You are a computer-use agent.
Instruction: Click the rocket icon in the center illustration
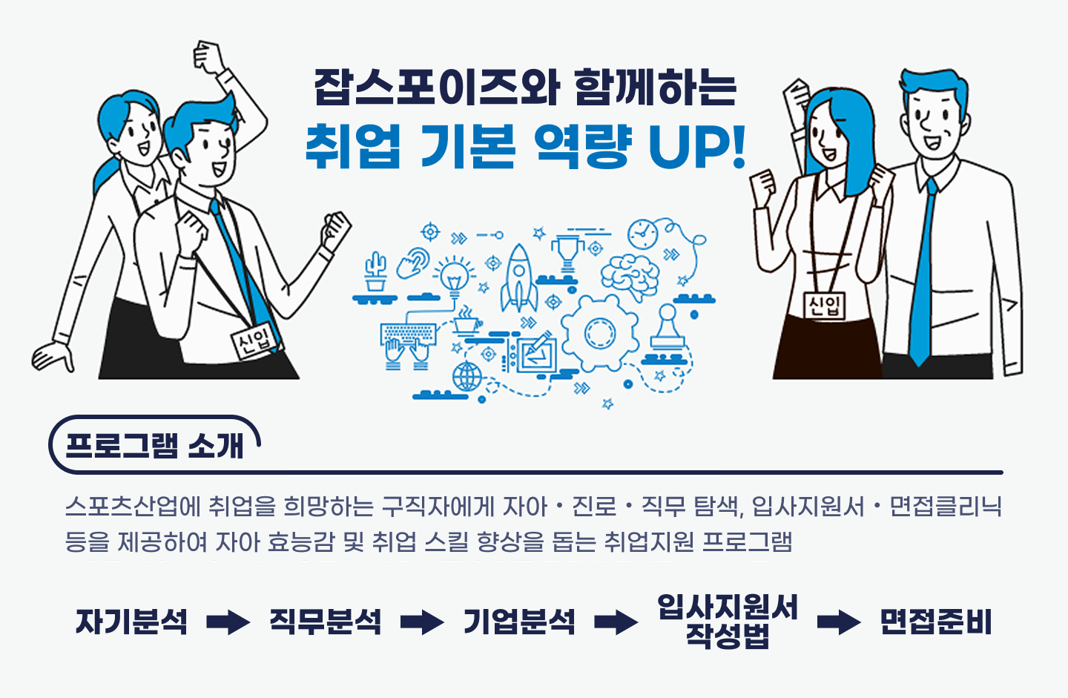[x=519, y=278]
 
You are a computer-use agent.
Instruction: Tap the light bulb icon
[x=453, y=276]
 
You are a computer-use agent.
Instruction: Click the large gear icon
[x=599, y=332]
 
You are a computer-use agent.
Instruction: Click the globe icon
[x=467, y=377]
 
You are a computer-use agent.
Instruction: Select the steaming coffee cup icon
[x=468, y=322]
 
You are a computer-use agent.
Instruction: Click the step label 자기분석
[x=132, y=622]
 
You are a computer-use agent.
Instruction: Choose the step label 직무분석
[x=325, y=622]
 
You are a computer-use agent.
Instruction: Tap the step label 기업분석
[x=519, y=622]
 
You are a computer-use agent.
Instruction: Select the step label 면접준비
[x=935, y=622]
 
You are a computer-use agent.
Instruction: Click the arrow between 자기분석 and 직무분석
[x=228, y=622]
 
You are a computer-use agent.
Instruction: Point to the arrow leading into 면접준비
[x=839, y=622]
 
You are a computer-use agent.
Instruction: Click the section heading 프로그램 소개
[x=154, y=445]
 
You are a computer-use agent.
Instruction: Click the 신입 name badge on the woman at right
[x=825, y=306]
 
